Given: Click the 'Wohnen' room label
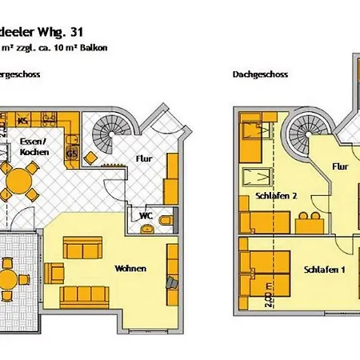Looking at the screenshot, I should click(x=130, y=269).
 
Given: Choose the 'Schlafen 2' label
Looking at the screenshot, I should click(x=276, y=196).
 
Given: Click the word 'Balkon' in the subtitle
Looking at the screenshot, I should click(x=115, y=48).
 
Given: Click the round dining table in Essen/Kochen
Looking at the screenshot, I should click(x=17, y=182).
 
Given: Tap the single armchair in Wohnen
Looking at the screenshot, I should click(x=171, y=283).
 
